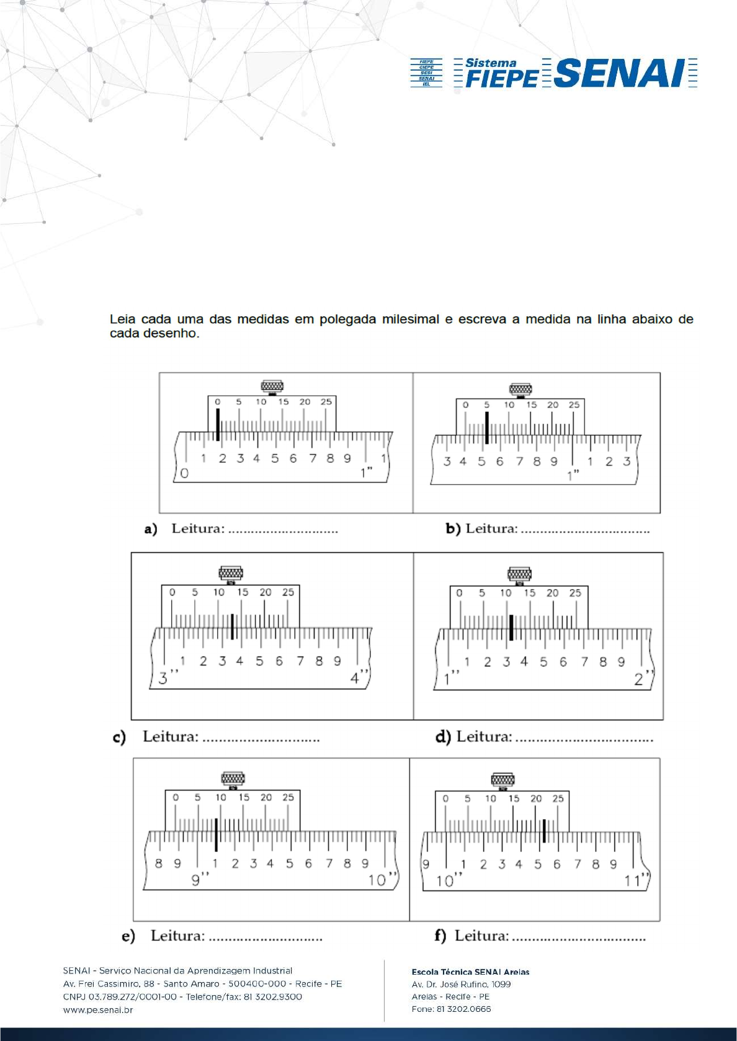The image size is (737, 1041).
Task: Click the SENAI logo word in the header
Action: tap(620, 73)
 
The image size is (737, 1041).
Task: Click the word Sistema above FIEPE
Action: tap(491, 63)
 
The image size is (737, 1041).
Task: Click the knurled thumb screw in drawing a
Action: tap(272, 387)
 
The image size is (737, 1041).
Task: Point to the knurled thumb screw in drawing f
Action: tap(502, 779)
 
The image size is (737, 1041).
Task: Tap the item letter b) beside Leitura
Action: tap(453, 529)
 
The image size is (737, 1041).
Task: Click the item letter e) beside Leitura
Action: tap(128, 936)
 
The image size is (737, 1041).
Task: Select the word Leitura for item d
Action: tap(485, 737)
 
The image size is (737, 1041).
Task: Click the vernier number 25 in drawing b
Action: tap(574, 405)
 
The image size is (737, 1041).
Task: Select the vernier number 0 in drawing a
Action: tap(218, 402)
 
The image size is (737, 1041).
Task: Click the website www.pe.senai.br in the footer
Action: tap(98, 1010)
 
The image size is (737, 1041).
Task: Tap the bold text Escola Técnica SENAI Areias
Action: tap(470, 972)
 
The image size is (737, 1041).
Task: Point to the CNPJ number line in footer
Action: tap(182, 997)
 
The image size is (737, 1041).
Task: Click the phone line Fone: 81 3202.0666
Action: tap(451, 1009)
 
